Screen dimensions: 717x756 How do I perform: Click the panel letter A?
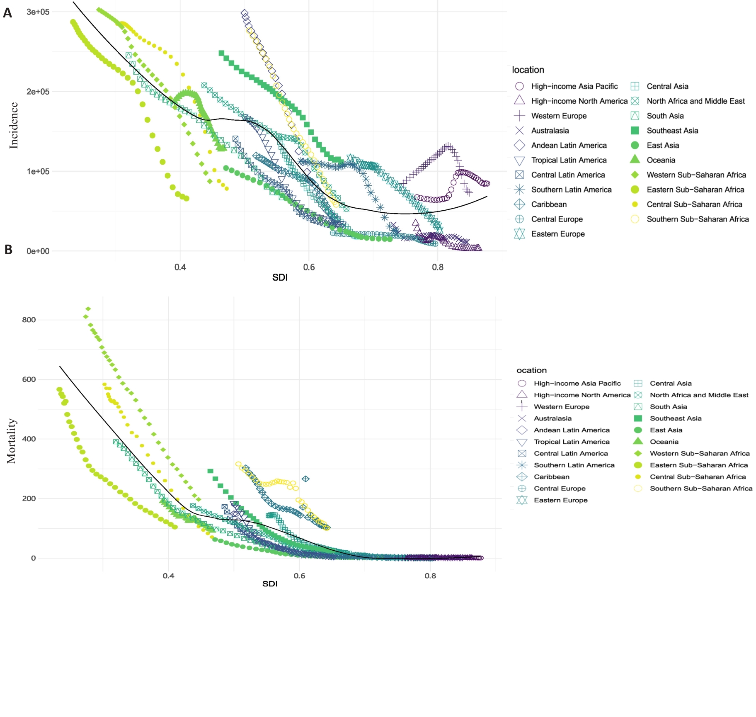click(x=7, y=13)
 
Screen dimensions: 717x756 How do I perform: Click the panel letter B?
click(x=8, y=250)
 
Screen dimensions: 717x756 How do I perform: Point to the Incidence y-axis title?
click(x=14, y=125)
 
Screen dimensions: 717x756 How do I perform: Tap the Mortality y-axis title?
click(x=11, y=441)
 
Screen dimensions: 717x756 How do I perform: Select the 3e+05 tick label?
click(x=38, y=12)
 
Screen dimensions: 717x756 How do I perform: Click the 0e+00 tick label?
click(x=38, y=251)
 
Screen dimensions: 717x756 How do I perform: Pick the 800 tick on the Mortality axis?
click(x=29, y=320)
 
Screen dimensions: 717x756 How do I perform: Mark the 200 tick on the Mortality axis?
click(x=29, y=498)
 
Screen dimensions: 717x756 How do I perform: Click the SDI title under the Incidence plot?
click(x=280, y=277)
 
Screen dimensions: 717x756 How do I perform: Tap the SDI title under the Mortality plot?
click(x=270, y=584)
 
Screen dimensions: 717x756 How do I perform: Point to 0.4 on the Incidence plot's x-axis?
click(x=180, y=267)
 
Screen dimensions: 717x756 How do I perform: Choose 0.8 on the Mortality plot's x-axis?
click(x=430, y=576)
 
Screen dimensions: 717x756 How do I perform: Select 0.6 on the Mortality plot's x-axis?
click(x=299, y=576)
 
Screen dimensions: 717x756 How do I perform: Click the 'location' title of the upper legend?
click(x=528, y=70)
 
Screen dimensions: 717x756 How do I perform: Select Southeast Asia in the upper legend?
click(x=672, y=131)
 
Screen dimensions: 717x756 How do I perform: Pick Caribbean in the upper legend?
click(x=549, y=204)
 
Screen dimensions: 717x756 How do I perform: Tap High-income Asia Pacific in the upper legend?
click(x=574, y=86)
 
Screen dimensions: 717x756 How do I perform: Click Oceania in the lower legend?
click(x=664, y=442)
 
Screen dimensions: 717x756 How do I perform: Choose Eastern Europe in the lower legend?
click(x=560, y=500)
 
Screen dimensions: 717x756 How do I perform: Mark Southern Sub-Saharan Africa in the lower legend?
click(x=701, y=489)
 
